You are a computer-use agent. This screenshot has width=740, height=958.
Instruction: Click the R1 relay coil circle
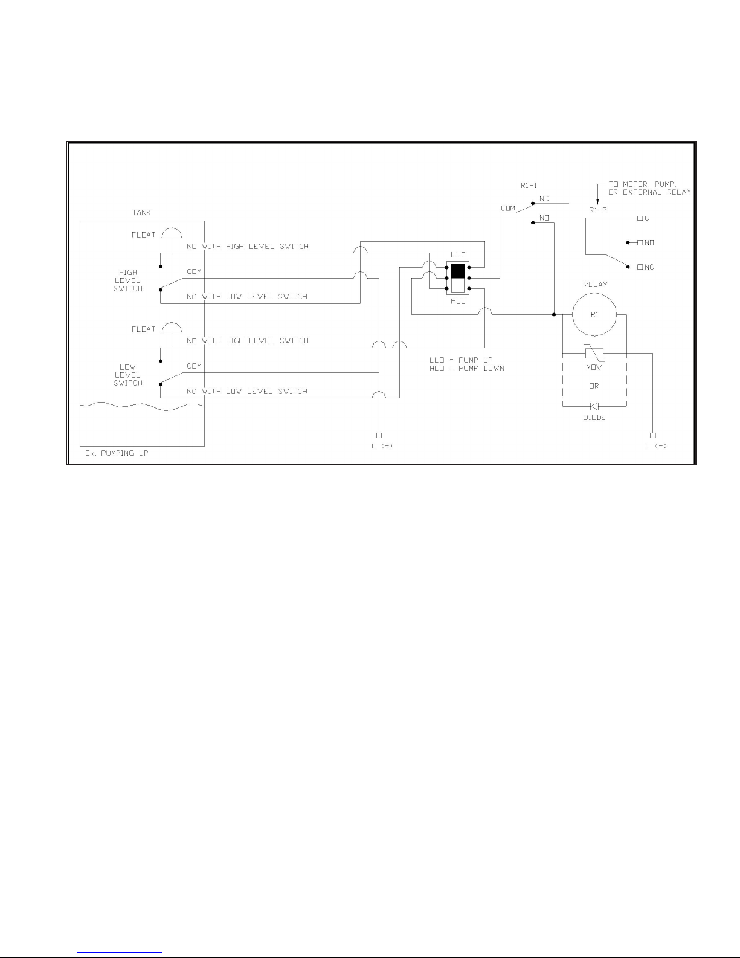tap(594, 314)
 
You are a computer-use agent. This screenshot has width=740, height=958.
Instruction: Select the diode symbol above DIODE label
tap(594, 406)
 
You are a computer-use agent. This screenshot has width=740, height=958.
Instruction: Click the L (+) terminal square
tap(379, 435)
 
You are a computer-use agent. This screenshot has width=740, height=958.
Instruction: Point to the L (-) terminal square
tap(652, 435)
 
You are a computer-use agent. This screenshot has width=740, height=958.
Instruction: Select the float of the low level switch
tap(172, 328)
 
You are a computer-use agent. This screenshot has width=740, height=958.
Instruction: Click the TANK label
tap(141, 213)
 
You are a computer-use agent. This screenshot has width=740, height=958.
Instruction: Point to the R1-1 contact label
tap(528, 186)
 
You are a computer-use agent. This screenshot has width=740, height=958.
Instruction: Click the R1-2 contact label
tap(597, 210)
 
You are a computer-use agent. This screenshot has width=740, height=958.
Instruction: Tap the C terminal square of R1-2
tap(640, 218)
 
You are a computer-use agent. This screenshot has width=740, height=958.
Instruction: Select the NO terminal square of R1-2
tap(640, 242)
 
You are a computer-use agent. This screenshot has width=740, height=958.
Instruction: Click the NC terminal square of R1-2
tap(640, 267)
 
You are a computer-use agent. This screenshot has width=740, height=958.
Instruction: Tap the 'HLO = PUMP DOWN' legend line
tap(466, 368)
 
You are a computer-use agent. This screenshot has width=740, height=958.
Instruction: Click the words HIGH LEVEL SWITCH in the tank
tap(128, 280)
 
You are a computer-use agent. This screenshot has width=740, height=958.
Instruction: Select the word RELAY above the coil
tap(595, 285)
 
